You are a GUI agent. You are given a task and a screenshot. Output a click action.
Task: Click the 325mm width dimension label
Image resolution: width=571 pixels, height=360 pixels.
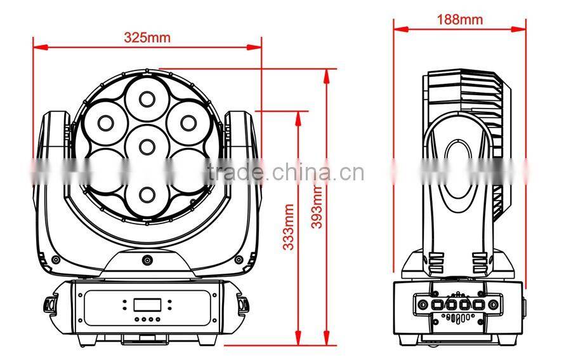147,37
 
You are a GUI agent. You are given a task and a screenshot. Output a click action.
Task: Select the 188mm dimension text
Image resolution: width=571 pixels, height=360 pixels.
459,19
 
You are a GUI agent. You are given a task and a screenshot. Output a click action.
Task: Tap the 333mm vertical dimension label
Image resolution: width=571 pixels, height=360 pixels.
289,227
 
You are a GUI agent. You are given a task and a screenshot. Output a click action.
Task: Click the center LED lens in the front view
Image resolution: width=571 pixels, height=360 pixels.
147,146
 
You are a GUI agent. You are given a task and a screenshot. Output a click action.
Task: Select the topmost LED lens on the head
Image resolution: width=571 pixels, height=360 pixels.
147,98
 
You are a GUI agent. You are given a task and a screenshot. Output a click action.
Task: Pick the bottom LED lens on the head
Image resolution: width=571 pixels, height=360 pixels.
147,193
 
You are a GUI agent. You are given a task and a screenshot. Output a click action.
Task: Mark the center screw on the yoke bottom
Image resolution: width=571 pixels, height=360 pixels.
147,260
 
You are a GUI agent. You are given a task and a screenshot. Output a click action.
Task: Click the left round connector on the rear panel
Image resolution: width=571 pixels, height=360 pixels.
422,304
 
